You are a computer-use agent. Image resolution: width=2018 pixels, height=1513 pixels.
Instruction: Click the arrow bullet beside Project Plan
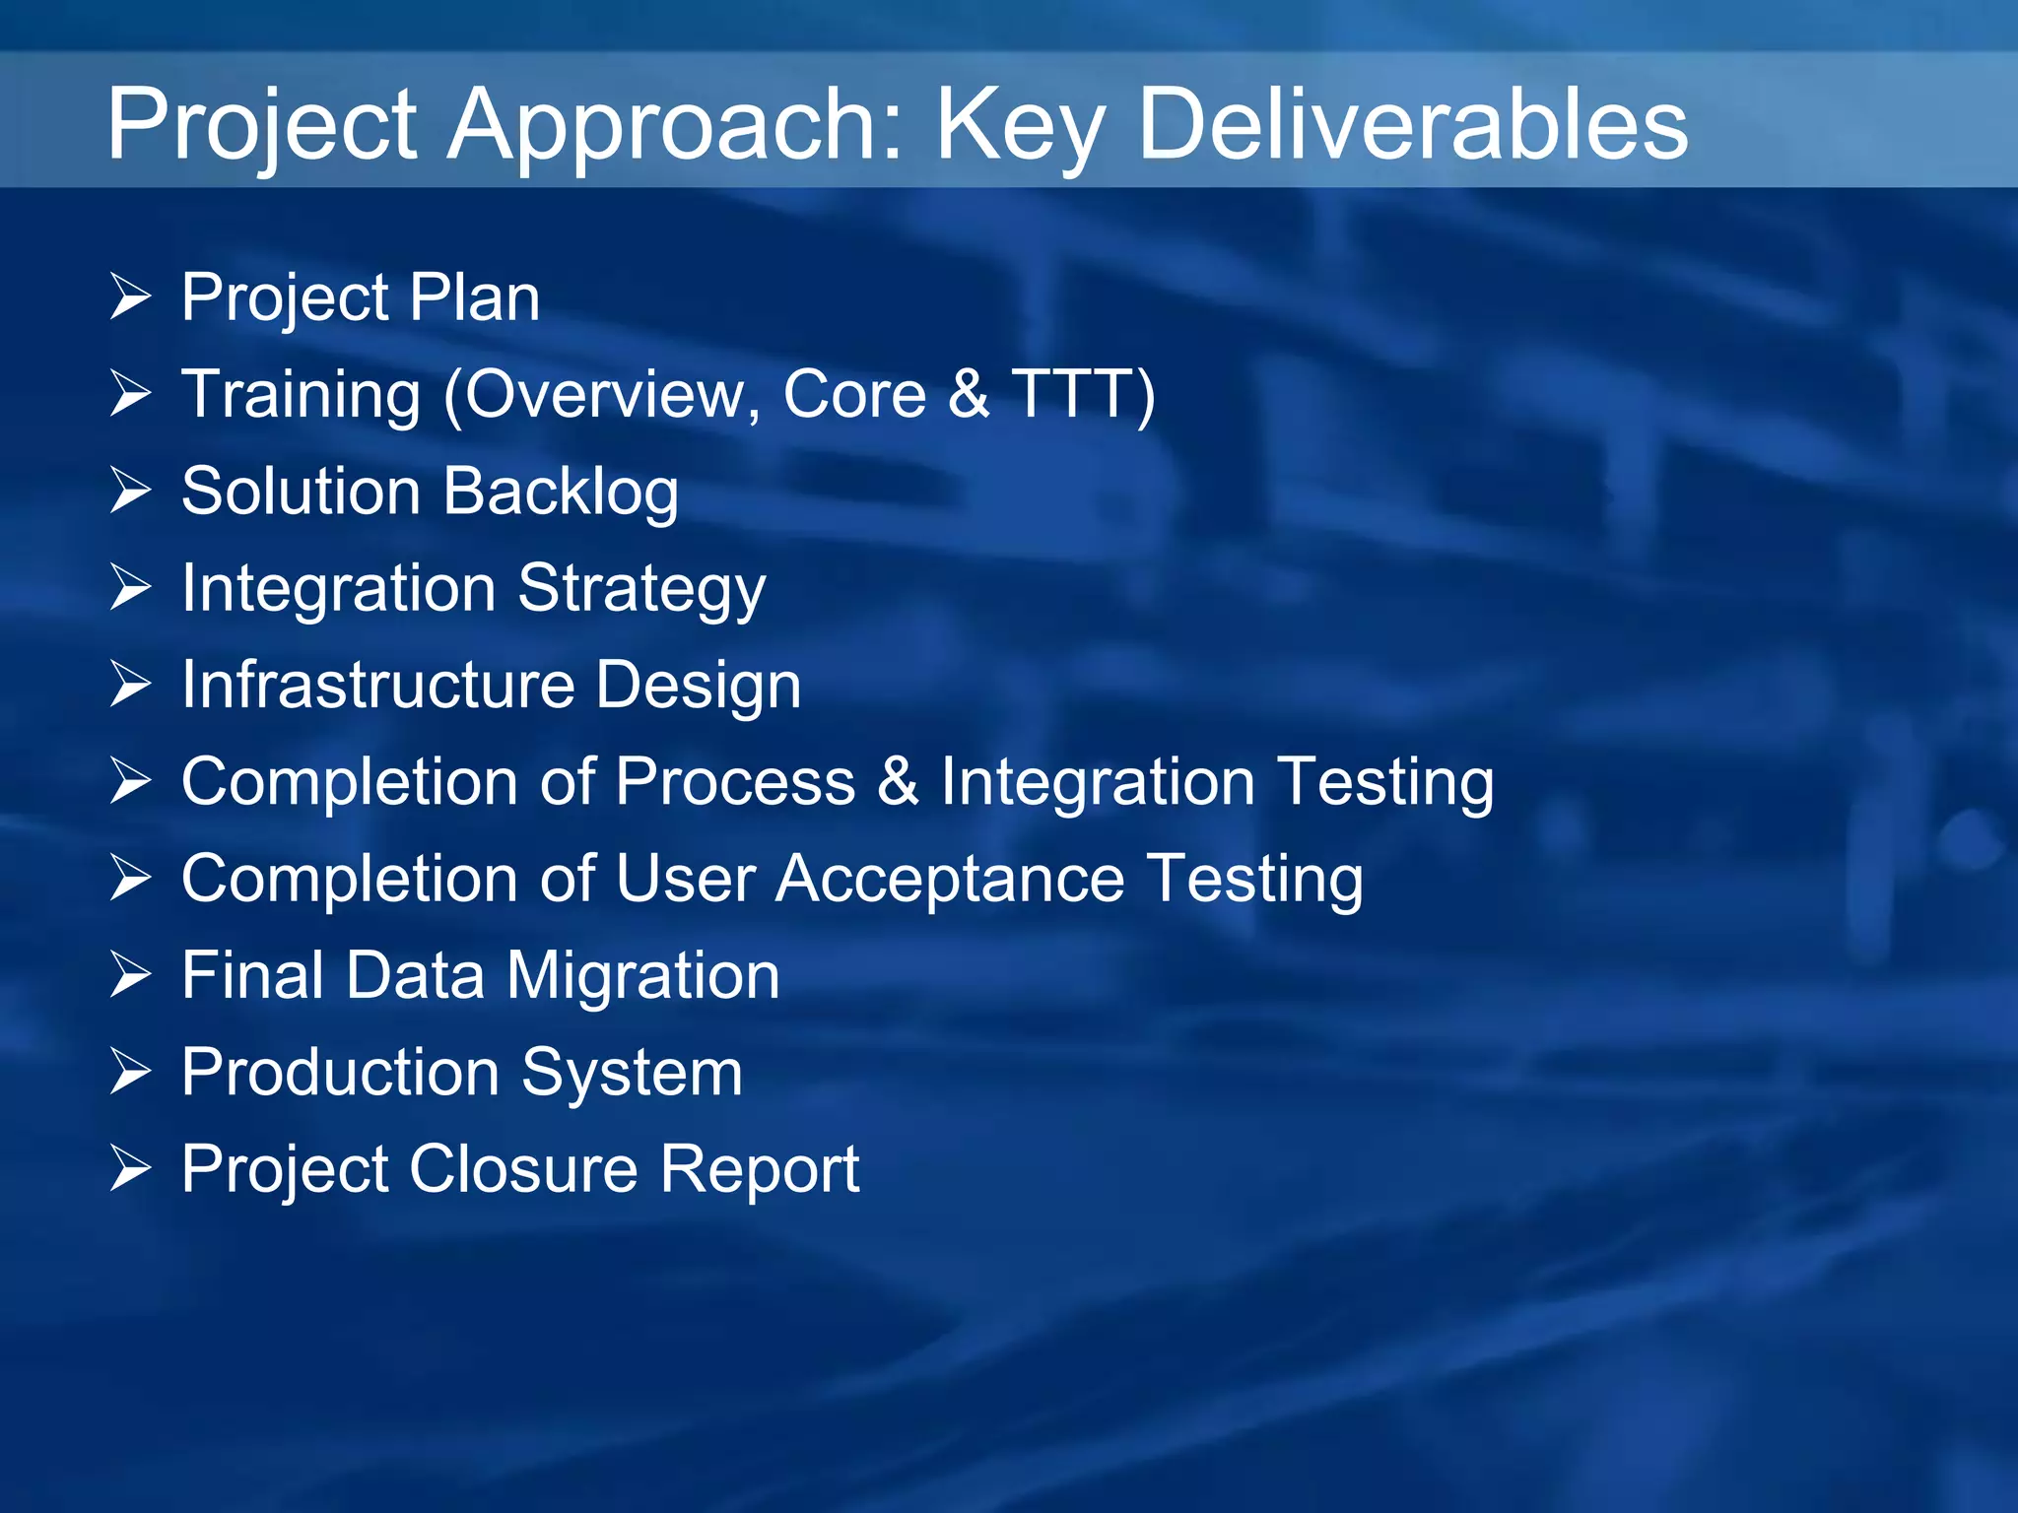pos(130,296)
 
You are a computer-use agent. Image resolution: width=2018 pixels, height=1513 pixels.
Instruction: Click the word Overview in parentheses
pos(605,394)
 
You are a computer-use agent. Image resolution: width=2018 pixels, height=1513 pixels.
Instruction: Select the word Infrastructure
pos(377,685)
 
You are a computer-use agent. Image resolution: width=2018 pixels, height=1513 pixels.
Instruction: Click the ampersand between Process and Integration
pos(897,782)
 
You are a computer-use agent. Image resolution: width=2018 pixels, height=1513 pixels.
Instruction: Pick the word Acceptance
pos(950,879)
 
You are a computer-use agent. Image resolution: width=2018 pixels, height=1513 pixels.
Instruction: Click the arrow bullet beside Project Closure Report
pos(130,1168)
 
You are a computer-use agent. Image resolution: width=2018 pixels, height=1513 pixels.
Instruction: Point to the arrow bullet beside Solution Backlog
pos(130,491)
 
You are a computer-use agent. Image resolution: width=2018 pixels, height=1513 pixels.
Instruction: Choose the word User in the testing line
pos(686,879)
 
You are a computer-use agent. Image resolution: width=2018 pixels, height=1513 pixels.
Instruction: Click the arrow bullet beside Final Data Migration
pos(130,975)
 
